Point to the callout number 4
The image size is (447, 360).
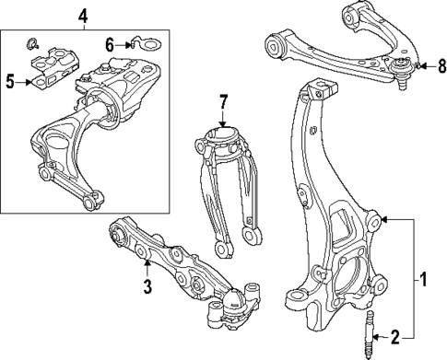[x=83, y=15]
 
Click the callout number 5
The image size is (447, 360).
[x=10, y=81]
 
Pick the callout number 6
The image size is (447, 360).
[x=110, y=43]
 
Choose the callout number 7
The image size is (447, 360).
[x=223, y=101]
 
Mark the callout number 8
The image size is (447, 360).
[x=441, y=65]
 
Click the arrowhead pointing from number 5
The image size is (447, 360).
[x=30, y=81]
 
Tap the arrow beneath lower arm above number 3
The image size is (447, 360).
[x=147, y=267]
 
